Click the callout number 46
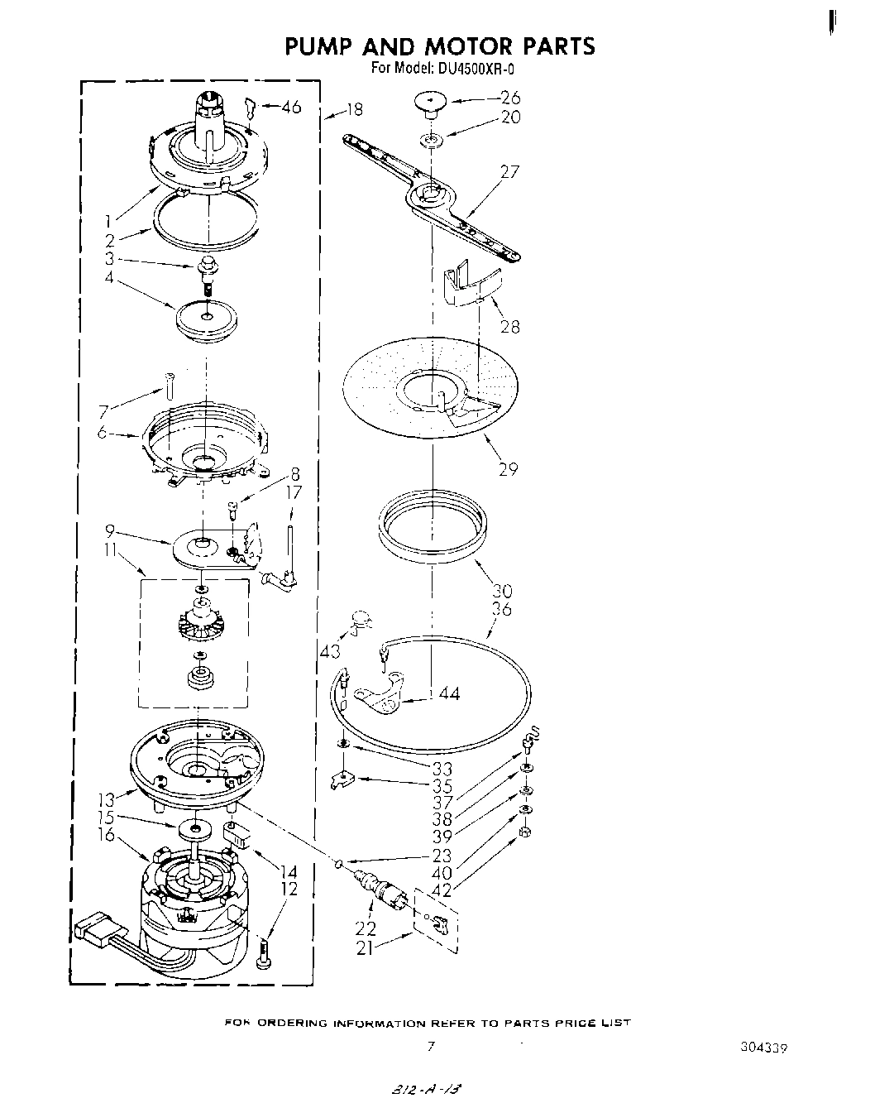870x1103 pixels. (291, 107)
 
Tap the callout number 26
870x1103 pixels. (510, 98)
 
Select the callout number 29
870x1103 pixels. (508, 469)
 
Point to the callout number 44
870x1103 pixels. (449, 693)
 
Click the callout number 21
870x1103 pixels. (365, 948)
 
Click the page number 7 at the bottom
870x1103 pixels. (430, 1046)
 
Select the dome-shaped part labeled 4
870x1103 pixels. (206, 319)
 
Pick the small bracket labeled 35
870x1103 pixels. (341, 779)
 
